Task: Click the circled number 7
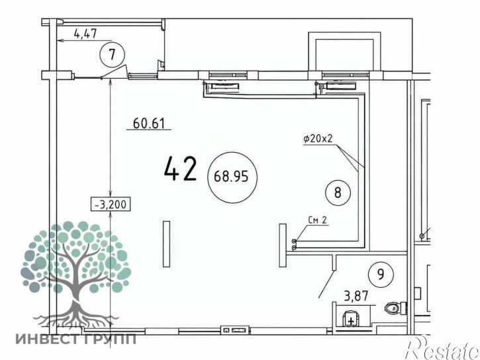113,55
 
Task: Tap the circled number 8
338,193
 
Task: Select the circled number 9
381,275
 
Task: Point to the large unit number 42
180,169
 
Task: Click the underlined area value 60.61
149,124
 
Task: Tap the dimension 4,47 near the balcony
85,33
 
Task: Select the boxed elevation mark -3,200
111,204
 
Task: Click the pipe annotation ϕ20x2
318,138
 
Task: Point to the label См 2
317,220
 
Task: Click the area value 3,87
356,296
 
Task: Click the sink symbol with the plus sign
351,319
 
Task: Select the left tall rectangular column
167,244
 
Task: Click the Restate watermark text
442,347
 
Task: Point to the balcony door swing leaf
114,71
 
